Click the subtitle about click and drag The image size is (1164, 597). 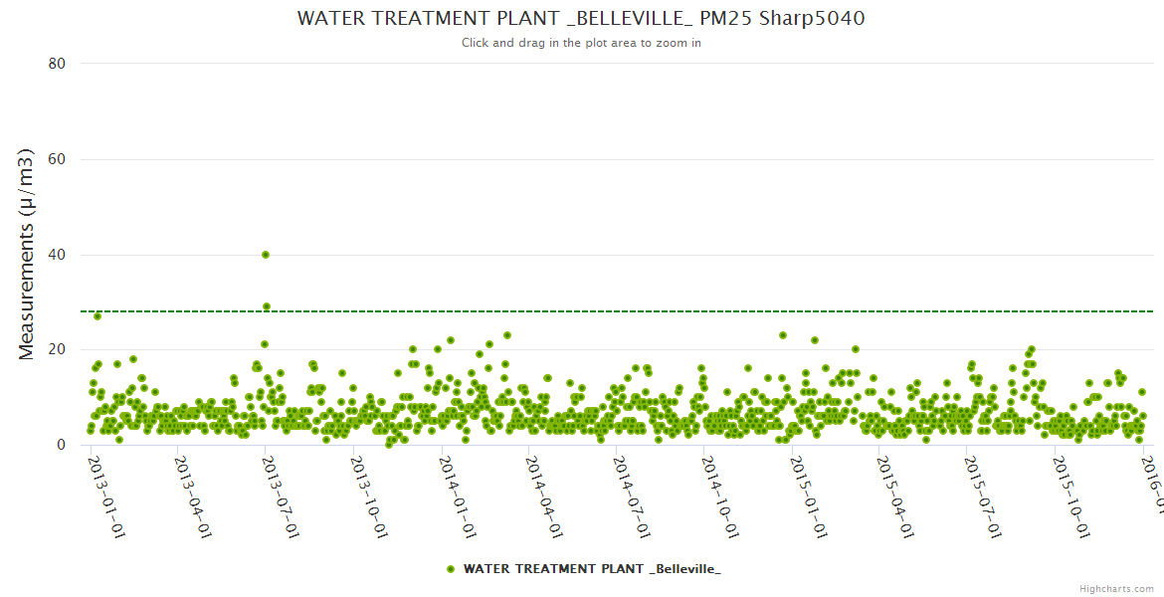click(581, 43)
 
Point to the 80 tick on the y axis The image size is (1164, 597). click(57, 64)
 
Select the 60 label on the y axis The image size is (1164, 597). click(57, 159)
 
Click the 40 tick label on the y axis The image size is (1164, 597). click(57, 255)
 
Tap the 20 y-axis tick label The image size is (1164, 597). click(57, 349)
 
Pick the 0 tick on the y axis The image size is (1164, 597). click(61, 445)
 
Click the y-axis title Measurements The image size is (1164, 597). click(27, 254)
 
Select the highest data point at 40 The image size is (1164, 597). click(266, 255)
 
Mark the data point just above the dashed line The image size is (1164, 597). click(267, 306)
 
